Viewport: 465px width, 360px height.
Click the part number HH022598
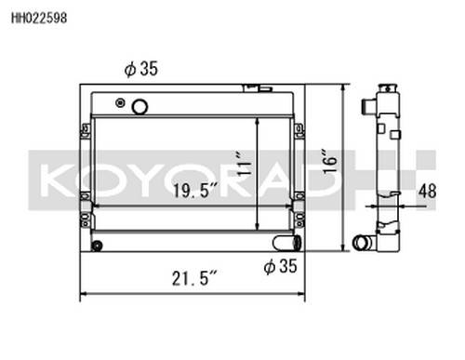tap(39, 18)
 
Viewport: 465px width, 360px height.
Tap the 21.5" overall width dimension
tap(194, 278)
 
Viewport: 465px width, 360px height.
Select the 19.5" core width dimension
tap(195, 190)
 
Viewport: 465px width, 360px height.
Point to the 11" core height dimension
tap(244, 164)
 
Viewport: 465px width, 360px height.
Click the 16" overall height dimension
tap(330, 161)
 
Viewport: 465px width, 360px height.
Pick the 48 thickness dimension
tap(428, 191)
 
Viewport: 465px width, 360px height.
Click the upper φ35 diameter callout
tap(141, 69)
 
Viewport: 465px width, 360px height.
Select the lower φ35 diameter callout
tap(281, 266)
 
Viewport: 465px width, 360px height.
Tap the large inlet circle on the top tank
tap(139, 107)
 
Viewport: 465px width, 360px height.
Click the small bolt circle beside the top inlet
tap(120, 102)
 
